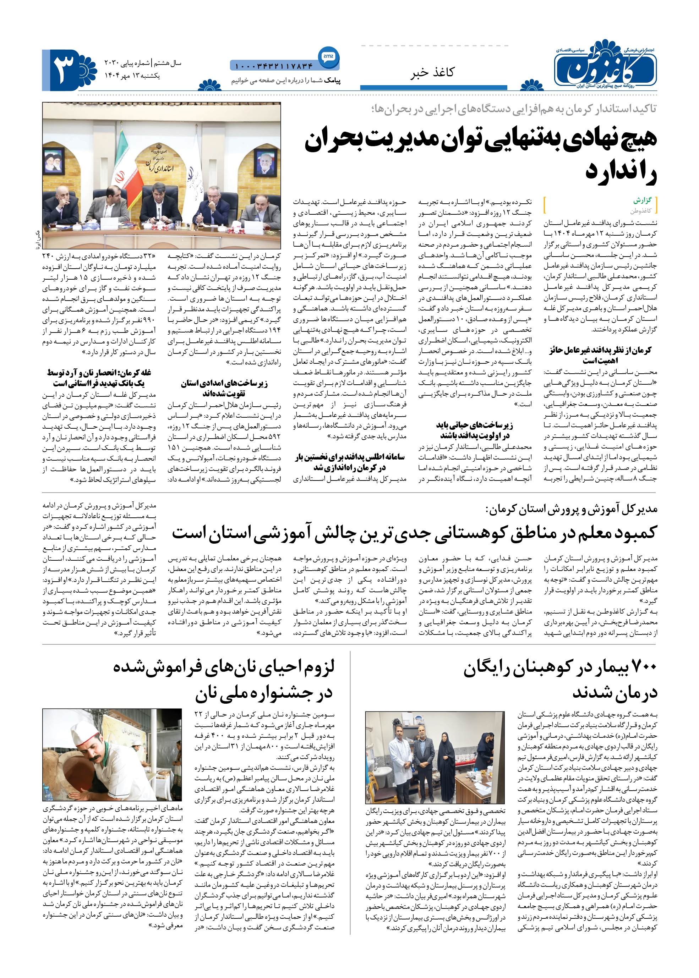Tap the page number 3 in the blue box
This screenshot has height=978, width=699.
(65, 69)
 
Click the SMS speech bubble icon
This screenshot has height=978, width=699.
(328, 57)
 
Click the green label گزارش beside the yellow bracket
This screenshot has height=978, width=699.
(642, 200)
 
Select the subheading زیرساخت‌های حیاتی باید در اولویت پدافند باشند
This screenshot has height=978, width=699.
(474, 430)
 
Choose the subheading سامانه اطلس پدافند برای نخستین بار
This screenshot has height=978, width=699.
(349, 462)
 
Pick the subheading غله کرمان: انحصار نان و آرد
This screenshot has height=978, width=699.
(99, 378)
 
